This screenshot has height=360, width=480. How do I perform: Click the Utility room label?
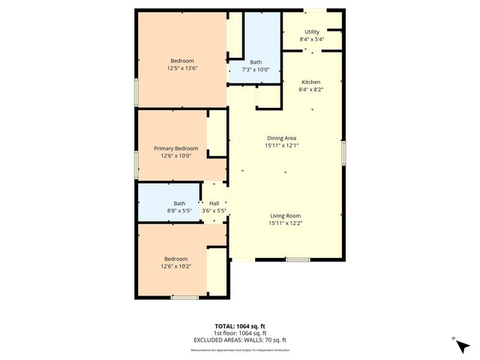(x=311, y=32)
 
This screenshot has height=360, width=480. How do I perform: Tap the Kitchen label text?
(x=311, y=82)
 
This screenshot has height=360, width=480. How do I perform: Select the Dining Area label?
(x=281, y=138)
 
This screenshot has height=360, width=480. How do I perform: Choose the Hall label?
(x=214, y=203)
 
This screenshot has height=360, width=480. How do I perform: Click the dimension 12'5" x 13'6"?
(x=182, y=68)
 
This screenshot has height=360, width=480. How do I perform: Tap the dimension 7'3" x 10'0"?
(x=256, y=69)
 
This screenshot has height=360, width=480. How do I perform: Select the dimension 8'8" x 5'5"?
(x=179, y=211)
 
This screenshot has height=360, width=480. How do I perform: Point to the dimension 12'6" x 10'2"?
(x=176, y=265)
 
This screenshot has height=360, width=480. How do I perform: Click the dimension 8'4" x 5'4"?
(x=311, y=40)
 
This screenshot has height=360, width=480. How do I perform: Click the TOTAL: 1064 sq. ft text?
(x=239, y=326)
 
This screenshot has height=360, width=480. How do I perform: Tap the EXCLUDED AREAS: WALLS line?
(x=239, y=340)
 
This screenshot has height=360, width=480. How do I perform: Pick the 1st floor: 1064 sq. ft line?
(x=239, y=333)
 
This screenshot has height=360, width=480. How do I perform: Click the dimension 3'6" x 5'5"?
(x=214, y=211)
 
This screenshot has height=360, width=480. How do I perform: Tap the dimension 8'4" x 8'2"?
(x=311, y=89)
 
